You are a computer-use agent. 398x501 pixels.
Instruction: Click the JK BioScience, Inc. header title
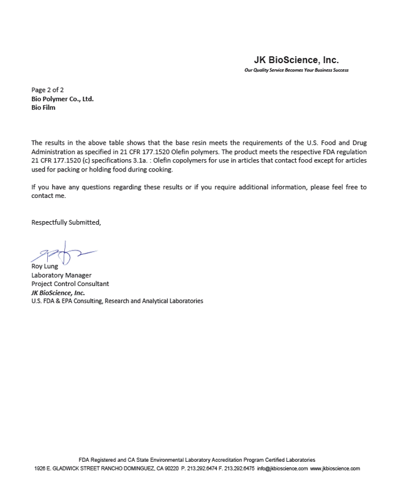point(296,60)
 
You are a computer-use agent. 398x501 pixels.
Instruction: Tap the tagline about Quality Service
point(296,70)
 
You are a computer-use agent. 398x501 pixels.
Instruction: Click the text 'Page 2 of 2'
point(48,90)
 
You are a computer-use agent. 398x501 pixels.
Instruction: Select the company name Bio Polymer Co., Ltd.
point(62,99)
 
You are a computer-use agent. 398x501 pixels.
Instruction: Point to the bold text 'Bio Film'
point(43,107)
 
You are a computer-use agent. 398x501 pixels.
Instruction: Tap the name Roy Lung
point(45,266)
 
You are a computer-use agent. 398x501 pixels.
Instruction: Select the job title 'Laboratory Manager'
point(61,275)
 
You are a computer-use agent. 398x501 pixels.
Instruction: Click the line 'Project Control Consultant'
point(70,284)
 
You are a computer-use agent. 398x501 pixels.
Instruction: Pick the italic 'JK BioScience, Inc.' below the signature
point(58,292)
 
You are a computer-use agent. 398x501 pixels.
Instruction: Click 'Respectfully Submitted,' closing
point(66,222)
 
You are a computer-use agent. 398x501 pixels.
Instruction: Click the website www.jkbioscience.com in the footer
point(335,469)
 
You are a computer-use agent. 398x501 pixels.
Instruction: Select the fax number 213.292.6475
point(239,469)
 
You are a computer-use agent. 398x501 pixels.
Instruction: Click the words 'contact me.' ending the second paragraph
point(48,196)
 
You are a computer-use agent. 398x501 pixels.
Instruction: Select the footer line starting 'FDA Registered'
point(197,459)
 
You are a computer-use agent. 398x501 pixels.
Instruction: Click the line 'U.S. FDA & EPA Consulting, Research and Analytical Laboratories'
point(117,301)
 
